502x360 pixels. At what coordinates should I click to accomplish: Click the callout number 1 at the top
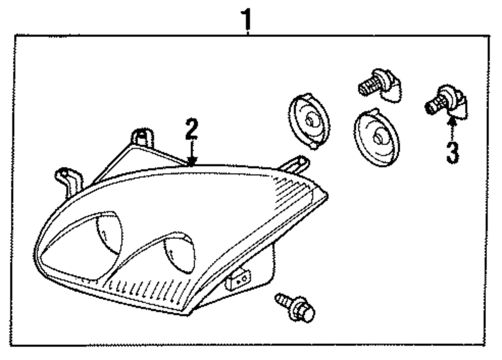tap(246, 19)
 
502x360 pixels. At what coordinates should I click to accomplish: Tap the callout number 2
tap(191, 130)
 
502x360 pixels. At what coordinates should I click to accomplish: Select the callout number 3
tap(452, 153)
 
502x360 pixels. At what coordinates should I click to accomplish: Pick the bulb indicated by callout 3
tap(445, 103)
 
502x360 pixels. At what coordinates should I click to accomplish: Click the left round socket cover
tap(309, 121)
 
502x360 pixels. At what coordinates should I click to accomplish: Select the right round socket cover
tap(376, 136)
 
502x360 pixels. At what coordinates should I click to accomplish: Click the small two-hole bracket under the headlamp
tap(238, 280)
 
